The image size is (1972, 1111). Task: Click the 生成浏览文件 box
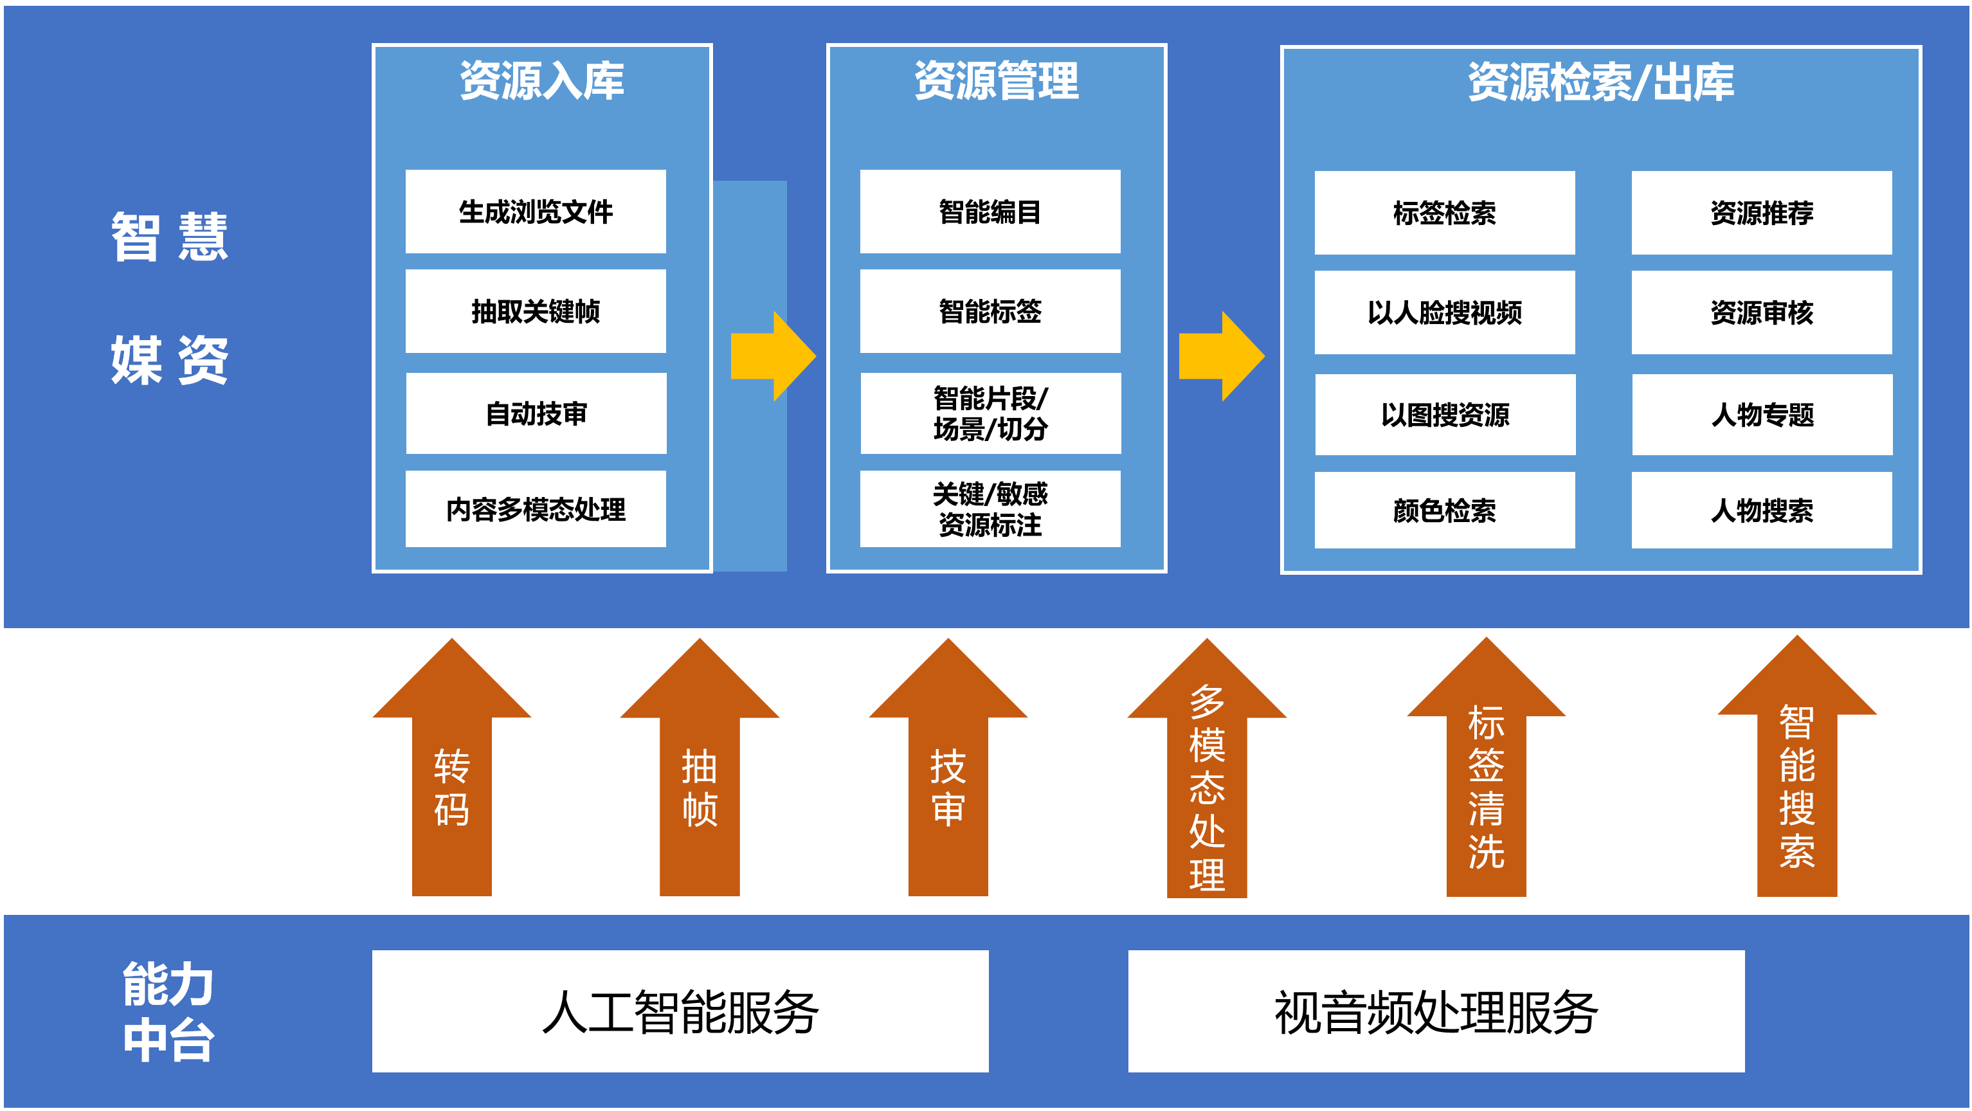[x=535, y=212]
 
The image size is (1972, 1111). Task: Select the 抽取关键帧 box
[x=535, y=311]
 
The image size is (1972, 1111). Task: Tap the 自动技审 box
[x=536, y=413]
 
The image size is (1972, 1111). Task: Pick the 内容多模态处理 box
[x=535, y=509]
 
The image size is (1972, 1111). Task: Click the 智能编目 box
[x=990, y=212]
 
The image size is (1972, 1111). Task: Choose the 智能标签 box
[x=990, y=311]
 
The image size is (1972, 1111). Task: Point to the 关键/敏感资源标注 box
[x=990, y=509]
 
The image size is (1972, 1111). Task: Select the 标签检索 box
[x=1445, y=213]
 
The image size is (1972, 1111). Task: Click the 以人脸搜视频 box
[x=1445, y=312]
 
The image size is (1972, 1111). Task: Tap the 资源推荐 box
[x=1762, y=213]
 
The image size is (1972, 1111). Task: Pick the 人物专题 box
[x=1762, y=415]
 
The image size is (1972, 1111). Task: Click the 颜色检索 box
[x=1445, y=510]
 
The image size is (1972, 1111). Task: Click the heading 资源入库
[x=542, y=80]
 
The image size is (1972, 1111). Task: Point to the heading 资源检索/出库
[x=1601, y=82]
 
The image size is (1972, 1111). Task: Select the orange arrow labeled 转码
[x=451, y=767]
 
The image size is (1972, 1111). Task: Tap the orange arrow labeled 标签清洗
[x=1486, y=767]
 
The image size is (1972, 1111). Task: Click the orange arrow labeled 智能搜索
[x=1796, y=766]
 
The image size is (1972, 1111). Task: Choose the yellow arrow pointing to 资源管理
[x=773, y=356]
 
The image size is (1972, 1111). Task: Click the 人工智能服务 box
[x=680, y=1011]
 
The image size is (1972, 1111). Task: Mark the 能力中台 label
[x=168, y=1011]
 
